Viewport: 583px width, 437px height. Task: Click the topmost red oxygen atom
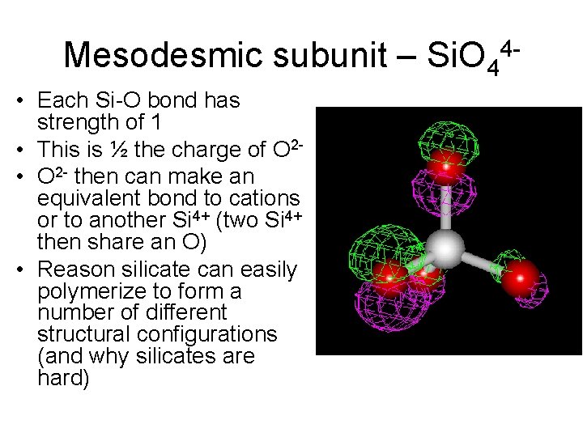(444, 164)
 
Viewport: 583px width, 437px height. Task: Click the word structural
(82, 334)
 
